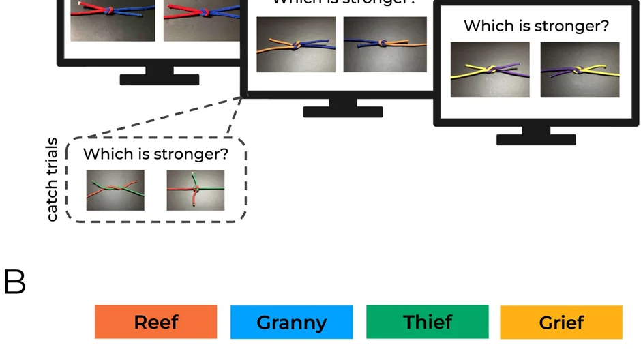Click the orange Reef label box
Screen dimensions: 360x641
point(155,322)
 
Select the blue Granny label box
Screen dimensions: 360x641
point(291,322)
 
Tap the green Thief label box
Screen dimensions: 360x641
point(427,322)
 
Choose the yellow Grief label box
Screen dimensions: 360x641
point(561,322)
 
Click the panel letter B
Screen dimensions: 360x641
point(14,282)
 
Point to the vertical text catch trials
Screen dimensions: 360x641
point(53,180)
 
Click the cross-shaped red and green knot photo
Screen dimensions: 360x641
point(195,190)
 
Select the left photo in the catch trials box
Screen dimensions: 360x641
point(115,190)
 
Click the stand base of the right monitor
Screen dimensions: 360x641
point(536,140)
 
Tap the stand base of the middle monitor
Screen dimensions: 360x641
point(342,112)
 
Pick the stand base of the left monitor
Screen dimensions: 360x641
point(159,80)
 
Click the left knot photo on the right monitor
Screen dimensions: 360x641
point(490,70)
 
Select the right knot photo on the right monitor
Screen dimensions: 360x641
point(580,70)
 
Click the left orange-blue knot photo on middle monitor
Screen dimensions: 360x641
point(296,44)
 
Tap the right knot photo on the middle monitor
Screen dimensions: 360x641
point(385,44)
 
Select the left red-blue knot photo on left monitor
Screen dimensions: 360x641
point(113,20)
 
